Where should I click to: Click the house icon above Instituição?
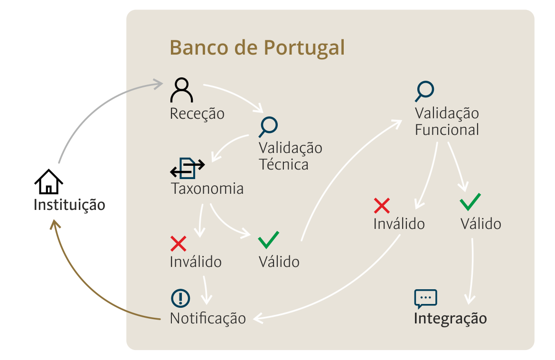(49, 181)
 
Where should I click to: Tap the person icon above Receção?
(181, 90)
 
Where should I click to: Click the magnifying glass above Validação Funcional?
(424, 91)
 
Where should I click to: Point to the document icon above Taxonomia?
(187, 168)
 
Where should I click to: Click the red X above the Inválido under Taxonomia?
(179, 244)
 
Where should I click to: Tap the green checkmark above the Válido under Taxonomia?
(269, 240)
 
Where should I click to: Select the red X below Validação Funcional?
(382, 206)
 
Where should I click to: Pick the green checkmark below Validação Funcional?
(470, 202)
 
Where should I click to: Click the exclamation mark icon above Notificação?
(180, 298)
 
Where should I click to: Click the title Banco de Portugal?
(257, 48)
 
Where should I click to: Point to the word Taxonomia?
(207, 189)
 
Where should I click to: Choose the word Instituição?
(69, 205)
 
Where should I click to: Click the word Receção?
(197, 114)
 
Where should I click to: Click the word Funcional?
(447, 130)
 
